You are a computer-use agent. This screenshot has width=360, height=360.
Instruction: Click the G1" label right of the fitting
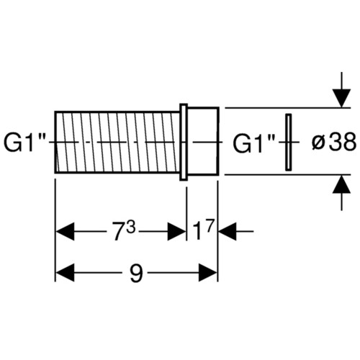coord(254,143)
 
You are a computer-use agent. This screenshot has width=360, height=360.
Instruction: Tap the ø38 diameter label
coord(334,141)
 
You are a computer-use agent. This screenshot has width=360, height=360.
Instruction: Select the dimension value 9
coord(136,274)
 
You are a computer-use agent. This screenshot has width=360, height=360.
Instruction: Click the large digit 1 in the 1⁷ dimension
coord(197,231)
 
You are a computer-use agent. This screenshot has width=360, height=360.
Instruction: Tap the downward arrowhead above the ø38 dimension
coord(341,98)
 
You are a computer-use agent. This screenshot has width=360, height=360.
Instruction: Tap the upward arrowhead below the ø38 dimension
coord(341,184)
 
